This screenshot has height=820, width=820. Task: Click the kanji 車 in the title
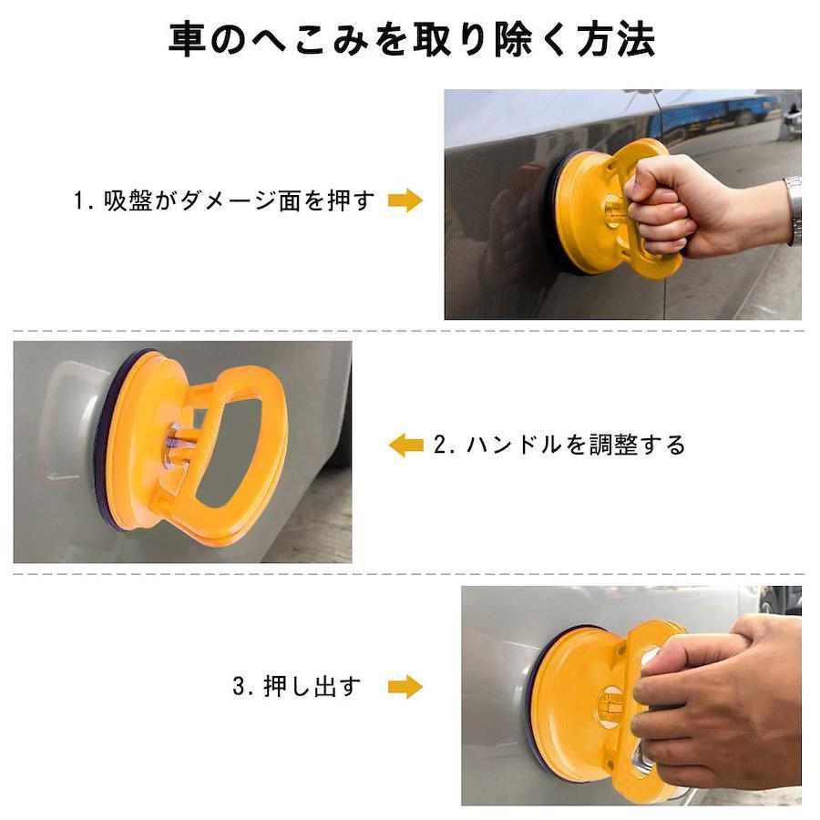(x=187, y=39)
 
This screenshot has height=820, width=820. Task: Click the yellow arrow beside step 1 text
(x=405, y=200)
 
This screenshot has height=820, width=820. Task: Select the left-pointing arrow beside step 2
(x=405, y=445)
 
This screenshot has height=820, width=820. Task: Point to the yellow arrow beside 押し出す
(x=405, y=687)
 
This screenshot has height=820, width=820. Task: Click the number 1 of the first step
(x=79, y=200)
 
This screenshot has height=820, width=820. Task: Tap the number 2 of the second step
(x=440, y=446)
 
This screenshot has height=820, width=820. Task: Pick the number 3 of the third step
(x=239, y=687)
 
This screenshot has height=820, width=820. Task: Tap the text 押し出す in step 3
(x=313, y=687)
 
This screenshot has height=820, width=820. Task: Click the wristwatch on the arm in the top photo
(x=793, y=210)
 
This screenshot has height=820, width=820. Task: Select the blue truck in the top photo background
(x=706, y=118)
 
